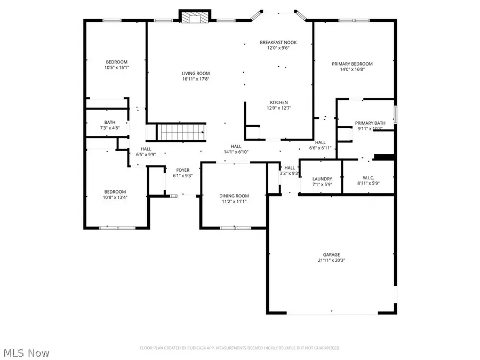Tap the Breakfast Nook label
278,42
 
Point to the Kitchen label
278,102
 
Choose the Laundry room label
322,179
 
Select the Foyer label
182,170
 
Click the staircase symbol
180,131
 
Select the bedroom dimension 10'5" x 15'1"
117,68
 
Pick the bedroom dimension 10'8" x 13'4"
115,197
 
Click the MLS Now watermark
27,353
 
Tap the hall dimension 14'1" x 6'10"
236,152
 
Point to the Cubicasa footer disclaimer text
239,348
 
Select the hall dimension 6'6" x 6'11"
320,148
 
